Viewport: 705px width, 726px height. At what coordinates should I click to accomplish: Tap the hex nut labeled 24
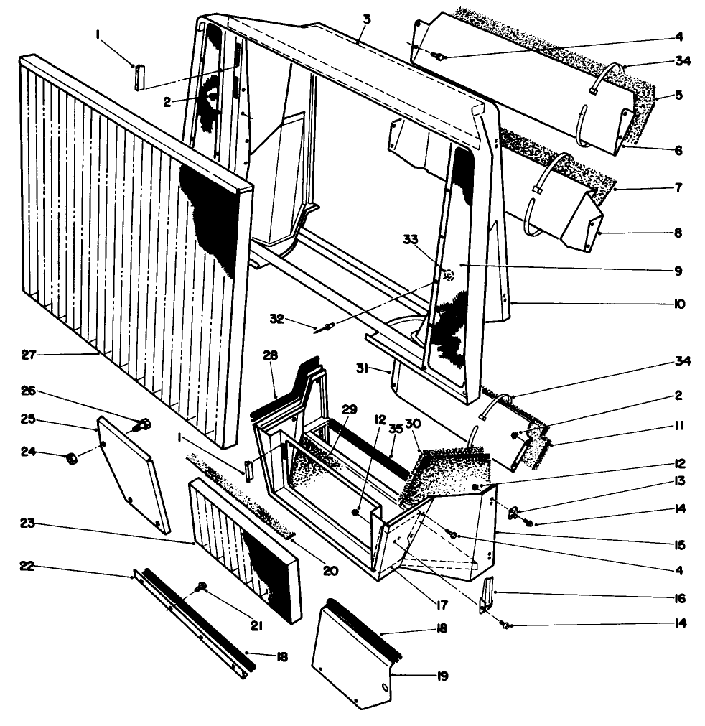pos(72,457)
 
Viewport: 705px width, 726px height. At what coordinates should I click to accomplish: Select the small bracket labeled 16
pos(489,593)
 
